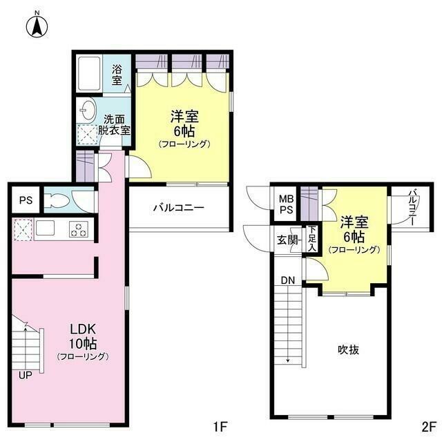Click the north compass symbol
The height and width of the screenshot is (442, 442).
point(36,26)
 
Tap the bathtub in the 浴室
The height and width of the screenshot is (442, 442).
point(92,73)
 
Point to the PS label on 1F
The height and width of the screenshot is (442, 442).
point(26,201)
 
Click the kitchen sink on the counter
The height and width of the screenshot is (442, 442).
point(48,229)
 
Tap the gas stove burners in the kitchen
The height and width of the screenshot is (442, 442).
point(79,229)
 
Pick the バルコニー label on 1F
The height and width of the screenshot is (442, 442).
point(178,206)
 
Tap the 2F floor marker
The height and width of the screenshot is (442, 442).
point(429,426)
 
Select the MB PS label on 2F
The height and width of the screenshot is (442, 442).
point(286,205)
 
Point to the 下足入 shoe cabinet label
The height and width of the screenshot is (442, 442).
point(312,238)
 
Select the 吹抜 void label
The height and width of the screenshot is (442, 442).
point(348,349)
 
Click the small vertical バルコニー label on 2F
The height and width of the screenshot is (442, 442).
point(412,205)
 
